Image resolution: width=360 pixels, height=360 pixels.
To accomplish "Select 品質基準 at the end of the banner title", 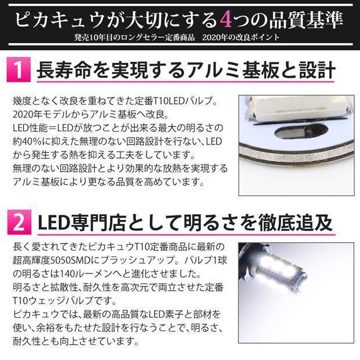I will pyautogui.click(x=304, y=20).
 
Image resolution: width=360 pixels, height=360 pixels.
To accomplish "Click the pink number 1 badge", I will pyautogui.click(x=18, y=72).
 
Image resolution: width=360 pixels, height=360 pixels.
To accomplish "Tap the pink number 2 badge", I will pyautogui.click(x=18, y=221).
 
